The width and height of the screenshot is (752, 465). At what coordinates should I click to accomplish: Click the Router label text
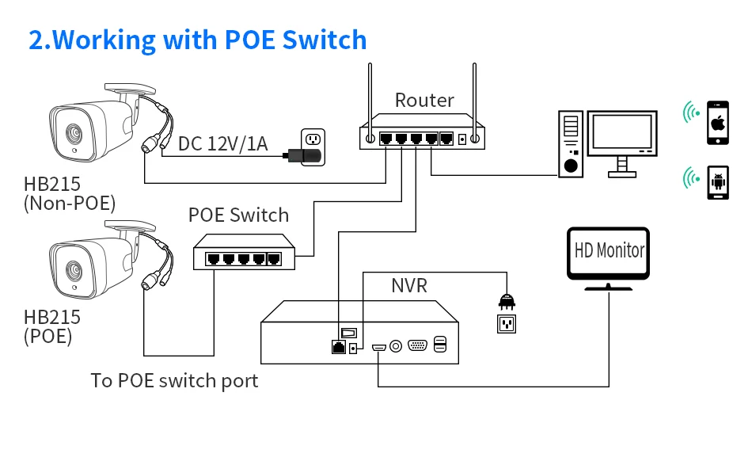[x=424, y=101]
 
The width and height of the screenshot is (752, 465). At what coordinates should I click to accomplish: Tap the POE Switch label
[x=238, y=215]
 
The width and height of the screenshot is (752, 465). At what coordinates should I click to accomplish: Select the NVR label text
[x=409, y=285]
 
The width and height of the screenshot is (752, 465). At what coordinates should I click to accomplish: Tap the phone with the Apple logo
[x=717, y=122]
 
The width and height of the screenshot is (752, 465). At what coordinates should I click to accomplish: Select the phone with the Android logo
[x=718, y=181]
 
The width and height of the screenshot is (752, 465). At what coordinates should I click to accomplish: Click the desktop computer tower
[x=570, y=143]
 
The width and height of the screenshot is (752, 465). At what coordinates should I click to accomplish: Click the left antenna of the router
[x=369, y=91]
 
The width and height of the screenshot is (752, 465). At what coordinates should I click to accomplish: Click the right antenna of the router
[x=474, y=91]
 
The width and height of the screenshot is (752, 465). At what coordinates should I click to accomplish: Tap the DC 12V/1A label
[x=223, y=144]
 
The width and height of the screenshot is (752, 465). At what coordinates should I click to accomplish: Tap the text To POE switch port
[x=174, y=381]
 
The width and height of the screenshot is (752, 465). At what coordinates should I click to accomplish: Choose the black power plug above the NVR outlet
[x=505, y=300]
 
